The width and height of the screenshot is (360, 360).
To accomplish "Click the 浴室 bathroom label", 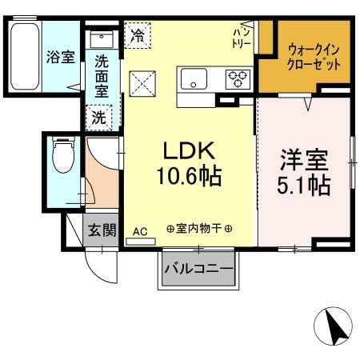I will tap(61, 58).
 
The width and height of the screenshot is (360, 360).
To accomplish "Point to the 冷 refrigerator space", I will tap(138, 35).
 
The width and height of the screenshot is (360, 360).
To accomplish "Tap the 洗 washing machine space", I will tap(98, 116).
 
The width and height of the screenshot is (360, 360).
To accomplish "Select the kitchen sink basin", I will tap(194, 79).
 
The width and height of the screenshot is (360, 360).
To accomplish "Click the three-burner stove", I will tap(238, 79).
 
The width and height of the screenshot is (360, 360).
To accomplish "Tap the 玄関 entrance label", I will tap(102, 231).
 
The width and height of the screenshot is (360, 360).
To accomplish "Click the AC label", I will tap(140, 232).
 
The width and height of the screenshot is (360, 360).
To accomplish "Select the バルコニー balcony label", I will tap(199, 269).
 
